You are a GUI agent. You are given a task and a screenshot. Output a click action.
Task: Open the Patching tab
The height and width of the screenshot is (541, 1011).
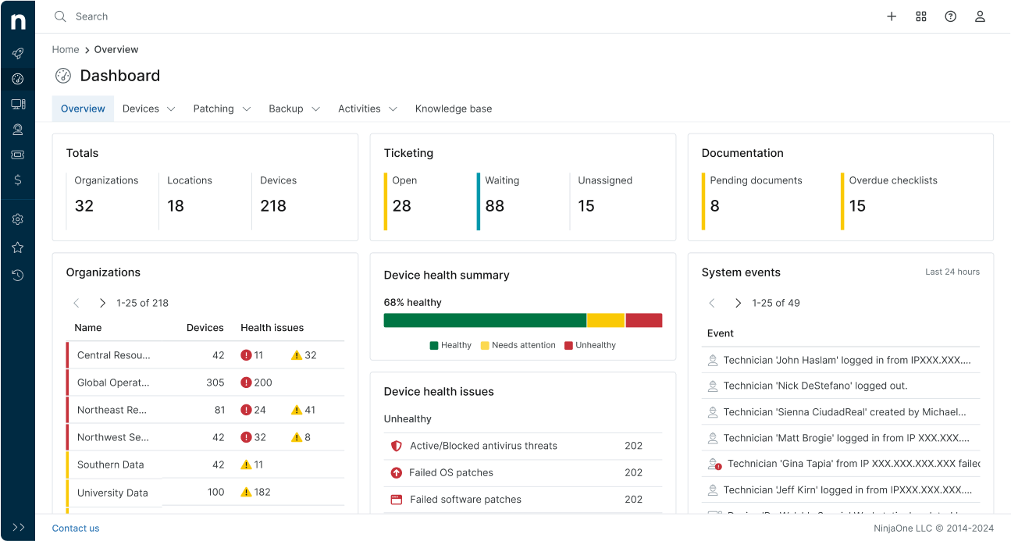[214, 109]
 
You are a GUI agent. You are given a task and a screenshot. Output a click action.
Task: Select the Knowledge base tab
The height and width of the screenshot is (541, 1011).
[453, 109]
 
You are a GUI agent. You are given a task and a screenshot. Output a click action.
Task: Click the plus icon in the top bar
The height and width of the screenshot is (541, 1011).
[892, 16]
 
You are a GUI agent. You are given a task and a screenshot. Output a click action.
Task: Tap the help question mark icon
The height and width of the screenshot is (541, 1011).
[950, 16]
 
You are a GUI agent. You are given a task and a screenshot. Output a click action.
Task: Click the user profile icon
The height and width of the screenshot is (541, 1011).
[980, 16]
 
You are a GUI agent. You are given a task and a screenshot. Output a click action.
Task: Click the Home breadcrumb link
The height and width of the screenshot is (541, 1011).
[66, 49]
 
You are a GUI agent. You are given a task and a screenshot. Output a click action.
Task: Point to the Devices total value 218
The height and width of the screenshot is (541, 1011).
[273, 206]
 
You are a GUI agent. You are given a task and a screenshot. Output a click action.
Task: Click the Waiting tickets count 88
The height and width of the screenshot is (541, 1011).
[494, 206]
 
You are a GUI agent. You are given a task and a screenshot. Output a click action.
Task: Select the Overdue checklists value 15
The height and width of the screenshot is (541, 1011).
[857, 206]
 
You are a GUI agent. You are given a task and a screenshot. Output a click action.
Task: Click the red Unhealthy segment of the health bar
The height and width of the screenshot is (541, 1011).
[643, 320]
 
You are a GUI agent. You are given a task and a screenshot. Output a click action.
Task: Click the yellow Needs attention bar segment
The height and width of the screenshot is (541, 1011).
[605, 320]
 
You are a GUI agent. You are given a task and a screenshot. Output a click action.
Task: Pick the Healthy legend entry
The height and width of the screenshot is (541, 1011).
[450, 345]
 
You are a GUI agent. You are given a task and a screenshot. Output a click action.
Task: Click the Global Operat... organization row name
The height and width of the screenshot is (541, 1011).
[113, 383]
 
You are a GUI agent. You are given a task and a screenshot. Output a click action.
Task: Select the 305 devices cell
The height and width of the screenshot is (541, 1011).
[215, 383]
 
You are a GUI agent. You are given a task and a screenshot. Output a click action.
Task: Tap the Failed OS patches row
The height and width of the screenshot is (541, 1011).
[451, 472]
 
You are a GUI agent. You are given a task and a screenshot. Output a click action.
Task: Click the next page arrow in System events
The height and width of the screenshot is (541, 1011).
[738, 303]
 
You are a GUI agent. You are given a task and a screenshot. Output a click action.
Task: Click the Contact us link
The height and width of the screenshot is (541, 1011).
[76, 529]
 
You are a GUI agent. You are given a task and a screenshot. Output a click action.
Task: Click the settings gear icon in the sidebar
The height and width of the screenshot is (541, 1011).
[17, 219]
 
